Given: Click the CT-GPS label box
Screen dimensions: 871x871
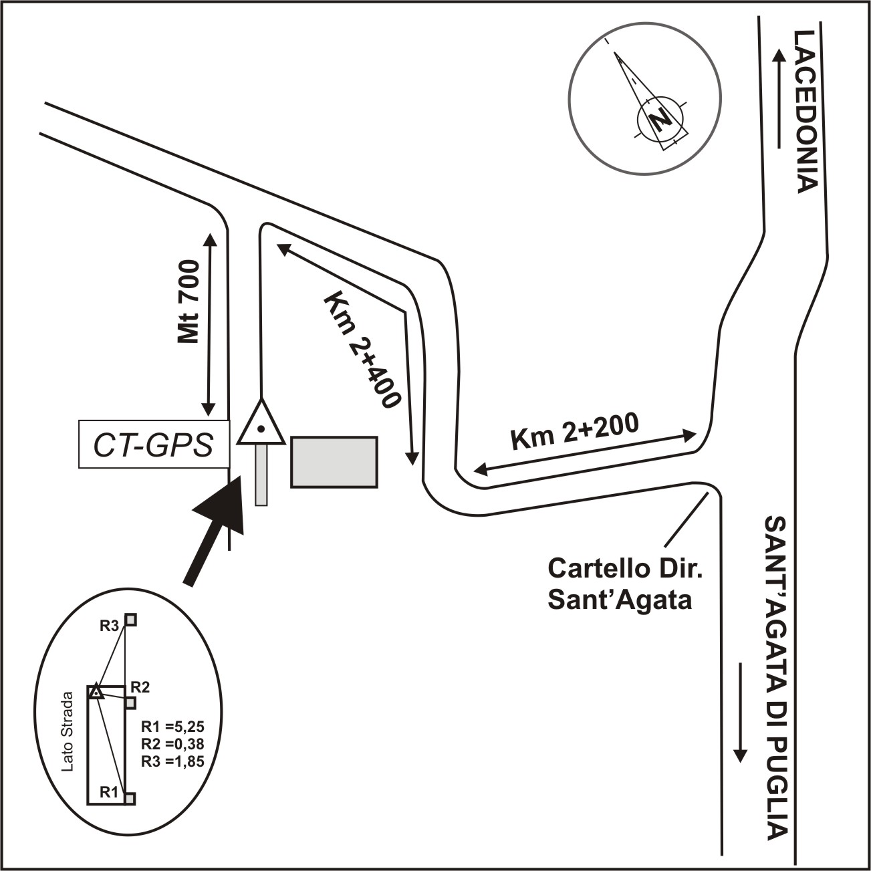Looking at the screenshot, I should coord(154,445).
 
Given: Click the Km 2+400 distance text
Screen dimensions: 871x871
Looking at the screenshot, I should coord(361,350).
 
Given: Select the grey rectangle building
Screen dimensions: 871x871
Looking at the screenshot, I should coord(334,462).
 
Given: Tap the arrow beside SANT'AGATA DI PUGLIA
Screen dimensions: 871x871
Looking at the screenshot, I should coord(739,712).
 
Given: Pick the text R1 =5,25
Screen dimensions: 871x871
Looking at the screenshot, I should coord(172,728).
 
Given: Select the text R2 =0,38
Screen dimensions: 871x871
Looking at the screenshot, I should coord(172,744).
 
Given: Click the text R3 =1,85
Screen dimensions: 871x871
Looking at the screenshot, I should coord(172,761).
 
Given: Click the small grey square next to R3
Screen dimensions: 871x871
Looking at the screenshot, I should coord(131,620).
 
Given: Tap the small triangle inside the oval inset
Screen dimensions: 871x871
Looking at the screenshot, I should coord(96,691).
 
